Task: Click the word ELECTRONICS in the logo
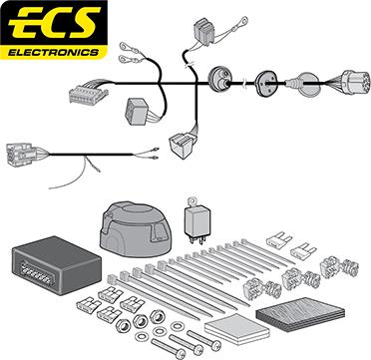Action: tap(54, 53)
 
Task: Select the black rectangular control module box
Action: tap(57, 265)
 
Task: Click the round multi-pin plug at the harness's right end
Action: tap(355, 82)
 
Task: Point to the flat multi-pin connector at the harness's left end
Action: tap(88, 92)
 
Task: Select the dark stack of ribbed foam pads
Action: tap(300, 314)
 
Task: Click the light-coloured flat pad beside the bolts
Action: tap(236, 328)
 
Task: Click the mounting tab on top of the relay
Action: tap(191, 202)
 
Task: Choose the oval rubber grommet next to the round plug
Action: tap(308, 85)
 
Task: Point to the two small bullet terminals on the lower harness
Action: tap(154, 153)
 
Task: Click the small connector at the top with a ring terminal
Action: tap(204, 31)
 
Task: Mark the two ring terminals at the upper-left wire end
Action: tap(129, 53)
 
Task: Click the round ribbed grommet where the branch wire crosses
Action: tap(217, 79)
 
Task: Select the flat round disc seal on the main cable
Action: tap(265, 84)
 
